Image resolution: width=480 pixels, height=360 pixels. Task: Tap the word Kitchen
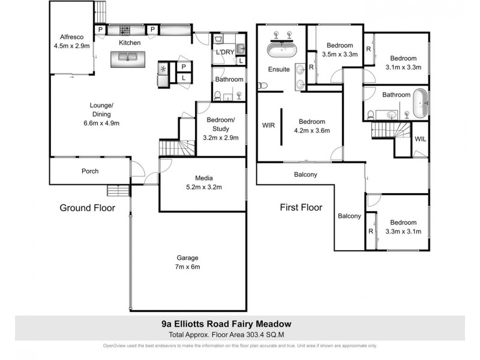click(130, 43)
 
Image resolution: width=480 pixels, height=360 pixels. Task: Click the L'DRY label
click(224, 52)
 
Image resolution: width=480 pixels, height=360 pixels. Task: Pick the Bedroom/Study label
click(222, 124)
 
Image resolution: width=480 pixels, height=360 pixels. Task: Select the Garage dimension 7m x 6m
click(187, 267)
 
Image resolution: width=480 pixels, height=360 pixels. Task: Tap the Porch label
click(90, 171)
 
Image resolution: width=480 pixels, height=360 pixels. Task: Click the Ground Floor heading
click(87, 208)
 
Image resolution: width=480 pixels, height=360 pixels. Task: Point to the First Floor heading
click(301, 208)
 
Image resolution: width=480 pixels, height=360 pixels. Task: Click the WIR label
click(268, 126)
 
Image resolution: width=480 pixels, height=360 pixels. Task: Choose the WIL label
click(421, 139)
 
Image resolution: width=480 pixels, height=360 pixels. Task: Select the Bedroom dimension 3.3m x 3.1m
click(403, 231)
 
